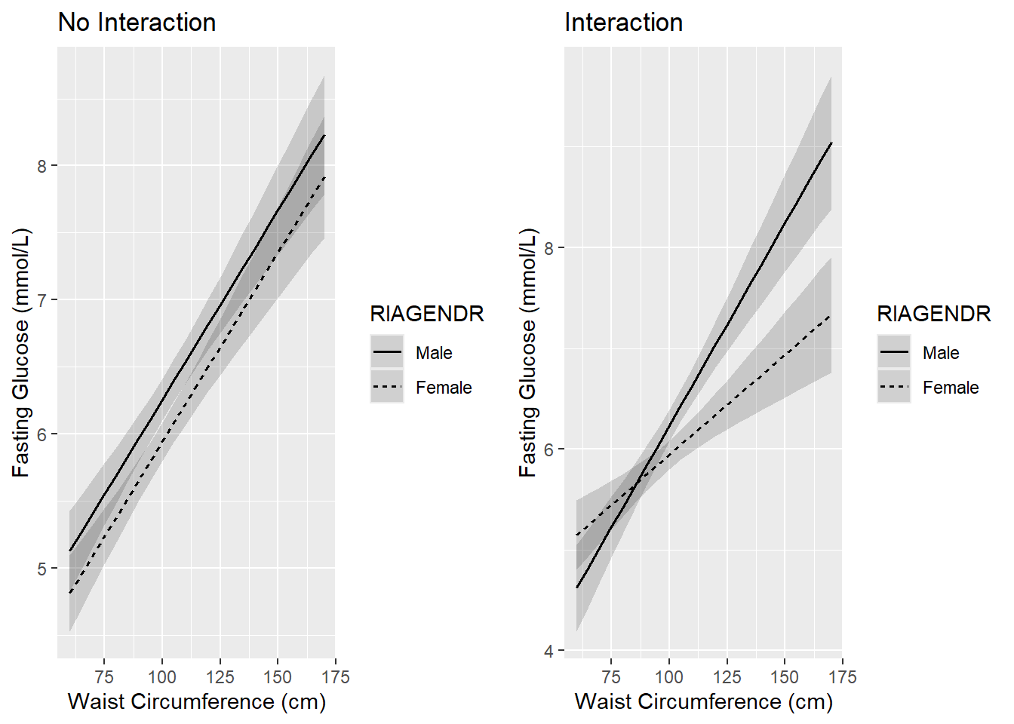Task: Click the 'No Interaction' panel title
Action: tap(137, 23)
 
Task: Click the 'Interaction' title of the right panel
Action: tap(623, 23)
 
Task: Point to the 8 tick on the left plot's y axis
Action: tap(42, 166)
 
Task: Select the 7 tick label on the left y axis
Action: tap(42, 300)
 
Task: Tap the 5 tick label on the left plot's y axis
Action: tap(42, 569)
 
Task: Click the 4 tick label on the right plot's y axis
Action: tap(549, 651)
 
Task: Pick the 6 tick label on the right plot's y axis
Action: tap(549, 449)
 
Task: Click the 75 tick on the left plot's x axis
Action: tap(104, 676)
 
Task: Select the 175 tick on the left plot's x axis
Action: tap(335, 676)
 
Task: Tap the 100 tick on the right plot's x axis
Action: tap(669, 676)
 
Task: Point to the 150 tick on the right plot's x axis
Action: tap(785, 676)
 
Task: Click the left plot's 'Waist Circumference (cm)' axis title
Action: tap(197, 701)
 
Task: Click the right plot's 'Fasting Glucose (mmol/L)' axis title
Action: tap(528, 353)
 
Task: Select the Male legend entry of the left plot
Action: tap(434, 353)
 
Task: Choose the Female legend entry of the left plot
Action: tap(444, 388)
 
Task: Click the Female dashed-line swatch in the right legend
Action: tap(894, 387)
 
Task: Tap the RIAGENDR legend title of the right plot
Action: tap(933, 314)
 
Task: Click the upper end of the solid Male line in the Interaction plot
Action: tap(831, 142)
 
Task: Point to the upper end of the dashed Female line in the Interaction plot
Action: tap(831, 315)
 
